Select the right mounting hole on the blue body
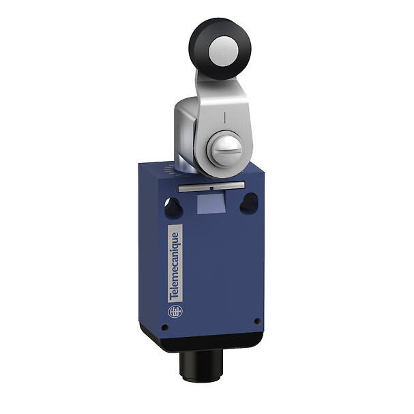(250, 203)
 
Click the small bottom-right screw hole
(256, 321)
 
